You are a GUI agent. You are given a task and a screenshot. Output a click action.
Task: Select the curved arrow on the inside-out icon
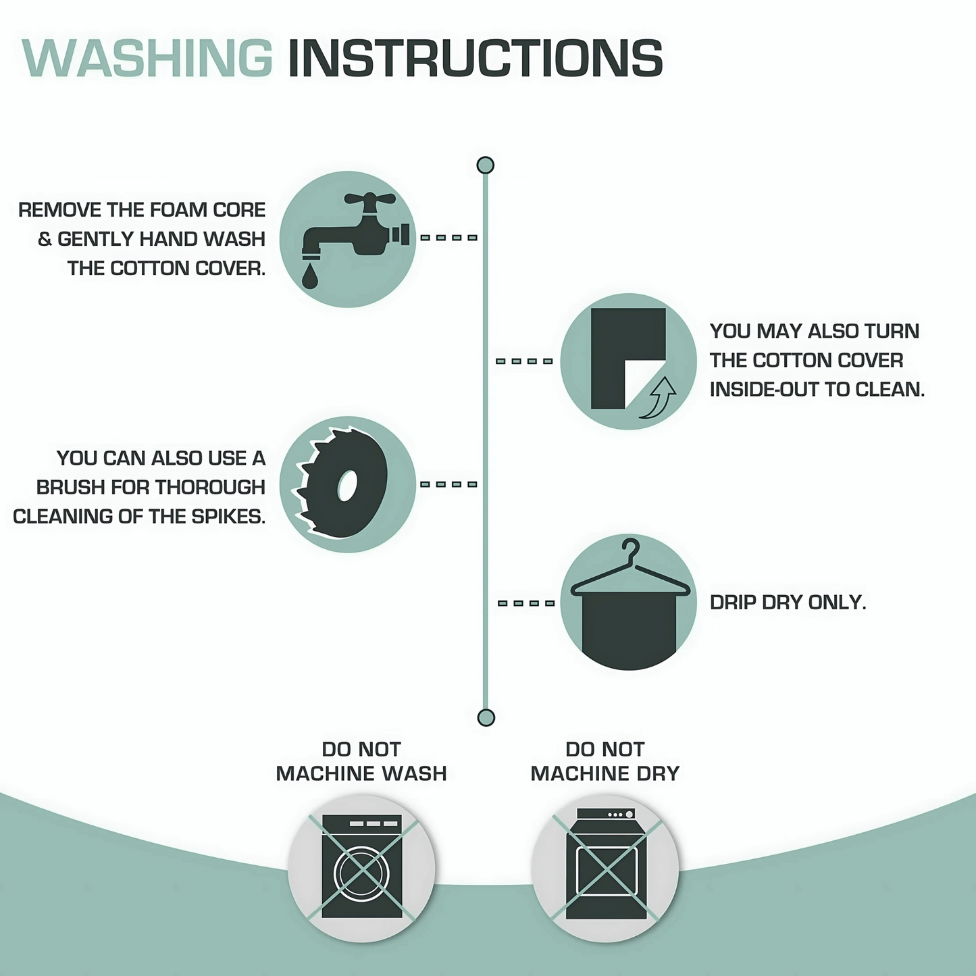pyautogui.click(x=659, y=398)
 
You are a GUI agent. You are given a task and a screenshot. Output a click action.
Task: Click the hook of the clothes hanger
pyautogui.click(x=631, y=550)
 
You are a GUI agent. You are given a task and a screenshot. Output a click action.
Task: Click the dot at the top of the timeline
pyautogui.click(x=486, y=165)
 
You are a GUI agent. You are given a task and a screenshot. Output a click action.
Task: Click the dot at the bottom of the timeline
pyautogui.click(x=486, y=718)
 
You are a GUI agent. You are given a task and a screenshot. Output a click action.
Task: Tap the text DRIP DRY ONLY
pyautogui.click(x=788, y=602)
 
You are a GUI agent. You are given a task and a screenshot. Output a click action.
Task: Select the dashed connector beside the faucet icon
pyautogui.click(x=448, y=238)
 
